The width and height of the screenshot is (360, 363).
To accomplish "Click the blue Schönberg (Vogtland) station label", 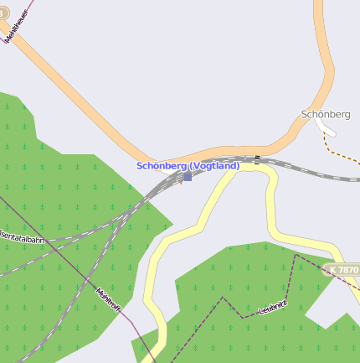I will coord(188,166).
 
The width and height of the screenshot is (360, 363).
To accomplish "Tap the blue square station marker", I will coord(188,177).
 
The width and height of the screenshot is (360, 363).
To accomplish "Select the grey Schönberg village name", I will coord(325,114).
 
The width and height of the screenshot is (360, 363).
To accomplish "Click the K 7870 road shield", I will coord(342,270).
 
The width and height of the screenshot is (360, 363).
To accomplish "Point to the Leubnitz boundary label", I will coord(273,308).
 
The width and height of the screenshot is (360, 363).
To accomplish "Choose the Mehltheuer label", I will coord(18,26).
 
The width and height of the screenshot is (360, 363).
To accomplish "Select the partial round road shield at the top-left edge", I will coord(3,13).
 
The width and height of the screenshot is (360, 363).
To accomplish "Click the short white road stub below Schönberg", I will coord(325,127).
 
